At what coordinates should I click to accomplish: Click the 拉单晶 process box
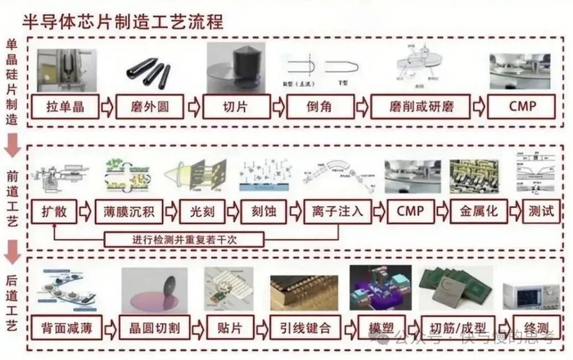[64, 106]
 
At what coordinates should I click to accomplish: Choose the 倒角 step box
[320, 106]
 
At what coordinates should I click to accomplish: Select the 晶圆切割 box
[155, 329]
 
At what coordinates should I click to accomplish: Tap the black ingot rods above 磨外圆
[148, 71]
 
